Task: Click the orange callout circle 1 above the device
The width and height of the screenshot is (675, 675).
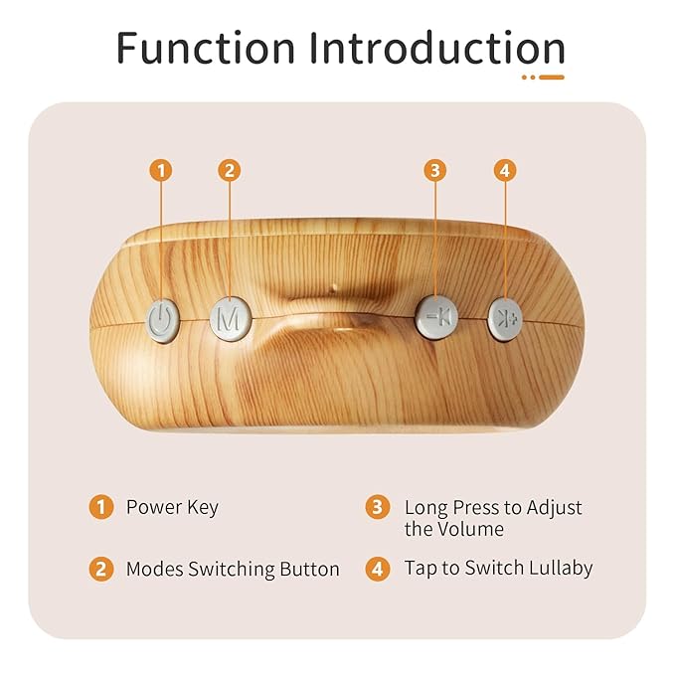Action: tap(161, 170)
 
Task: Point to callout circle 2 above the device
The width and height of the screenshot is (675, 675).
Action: tap(229, 170)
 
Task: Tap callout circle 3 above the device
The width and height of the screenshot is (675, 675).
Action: tap(434, 170)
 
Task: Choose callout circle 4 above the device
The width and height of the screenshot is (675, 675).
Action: tap(505, 170)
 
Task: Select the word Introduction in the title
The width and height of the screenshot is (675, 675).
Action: tap(436, 47)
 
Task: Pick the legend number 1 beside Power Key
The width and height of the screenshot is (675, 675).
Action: tap(100, 507)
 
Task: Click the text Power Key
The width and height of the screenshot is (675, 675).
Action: tap(171, 507)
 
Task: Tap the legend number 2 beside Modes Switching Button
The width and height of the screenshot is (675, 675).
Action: tap(100, 570)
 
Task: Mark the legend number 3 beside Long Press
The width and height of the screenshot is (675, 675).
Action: tap(377, 507)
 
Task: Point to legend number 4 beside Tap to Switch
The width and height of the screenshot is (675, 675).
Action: tap(377, 570)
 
